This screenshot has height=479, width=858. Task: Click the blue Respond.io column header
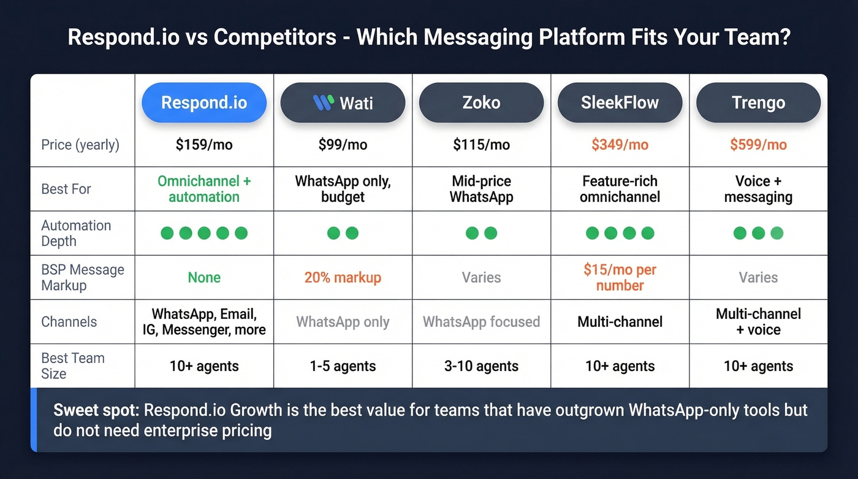[x=204, y=102]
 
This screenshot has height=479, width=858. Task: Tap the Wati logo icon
[x=322, y=102]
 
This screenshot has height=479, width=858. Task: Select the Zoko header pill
[x=481, y=102]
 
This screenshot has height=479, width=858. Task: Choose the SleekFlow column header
[x=620, y=102]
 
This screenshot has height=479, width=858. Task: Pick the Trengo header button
[x=758, y=102]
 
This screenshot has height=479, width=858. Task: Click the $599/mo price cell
[x=758, y=145]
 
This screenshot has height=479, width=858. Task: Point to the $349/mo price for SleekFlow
[x=620, y=145]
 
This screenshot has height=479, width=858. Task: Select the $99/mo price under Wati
[x=343, y=145]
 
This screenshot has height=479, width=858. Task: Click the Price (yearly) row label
[x=80, y=145]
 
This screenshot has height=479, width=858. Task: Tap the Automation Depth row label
[x=76, y=233]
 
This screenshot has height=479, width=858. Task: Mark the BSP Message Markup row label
[x=82, y=277]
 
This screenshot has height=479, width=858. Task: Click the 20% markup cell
[x=343, y=278]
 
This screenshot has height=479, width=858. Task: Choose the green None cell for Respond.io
[x=204, y=278]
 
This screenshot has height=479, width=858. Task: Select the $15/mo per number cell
[x=620, y=277]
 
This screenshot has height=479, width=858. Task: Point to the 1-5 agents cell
[x=343, y=367]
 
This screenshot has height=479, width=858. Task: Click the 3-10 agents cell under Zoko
[x=481, y=367]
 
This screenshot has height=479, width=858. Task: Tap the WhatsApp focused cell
[x=481, y=322]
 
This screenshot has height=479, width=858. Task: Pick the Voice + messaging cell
[x=758, y=189]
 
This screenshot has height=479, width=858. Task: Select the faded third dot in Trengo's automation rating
[x=776, y=233]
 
